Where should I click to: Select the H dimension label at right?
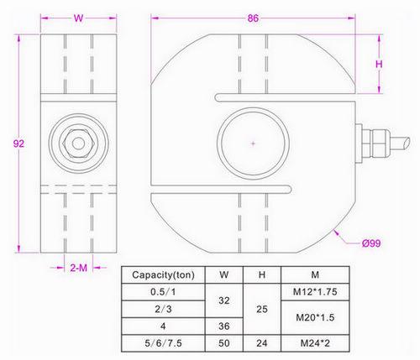tap(379, 64)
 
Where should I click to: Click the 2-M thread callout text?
tap(78, 268)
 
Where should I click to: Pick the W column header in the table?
tap(223, 274)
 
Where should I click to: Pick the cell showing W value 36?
tap(223, 325)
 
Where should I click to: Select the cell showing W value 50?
tap(223, 342)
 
